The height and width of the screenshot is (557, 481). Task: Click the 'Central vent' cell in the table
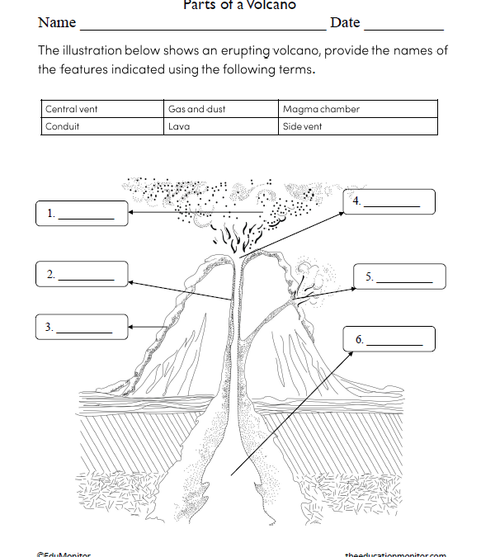pos(102,109)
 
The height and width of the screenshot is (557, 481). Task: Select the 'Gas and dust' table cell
pos(220,109)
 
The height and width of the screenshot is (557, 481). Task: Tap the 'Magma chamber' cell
pos(357,109)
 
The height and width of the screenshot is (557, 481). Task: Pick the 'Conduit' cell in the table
pos(102,126)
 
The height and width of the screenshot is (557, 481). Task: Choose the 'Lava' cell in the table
pos(220,126)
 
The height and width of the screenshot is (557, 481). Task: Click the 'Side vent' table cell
pos(357,126)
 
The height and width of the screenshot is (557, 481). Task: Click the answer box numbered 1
pos(82,214)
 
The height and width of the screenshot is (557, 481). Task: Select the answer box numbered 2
pos(82,275)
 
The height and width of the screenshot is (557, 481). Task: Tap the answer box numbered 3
pos(82,328)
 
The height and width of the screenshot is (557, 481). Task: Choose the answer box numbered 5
pos(399,276)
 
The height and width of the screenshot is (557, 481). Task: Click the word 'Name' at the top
pos(57,22)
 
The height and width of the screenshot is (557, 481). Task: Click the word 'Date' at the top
pos(345,22)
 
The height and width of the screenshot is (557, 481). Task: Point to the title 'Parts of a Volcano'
pos(239,5)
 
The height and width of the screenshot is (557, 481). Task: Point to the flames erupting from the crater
pos(234,238)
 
